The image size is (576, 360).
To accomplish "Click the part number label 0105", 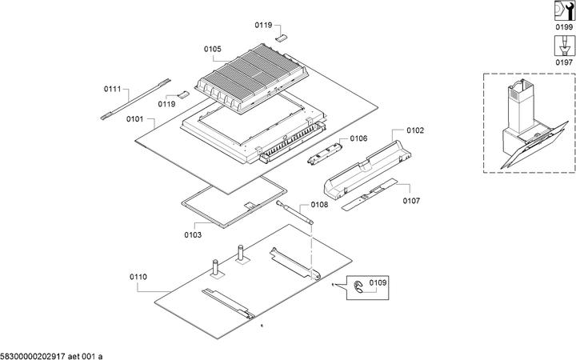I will pos(212,50).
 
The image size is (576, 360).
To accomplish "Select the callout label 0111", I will pos(112,89).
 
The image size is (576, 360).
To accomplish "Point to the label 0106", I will pos(358,138).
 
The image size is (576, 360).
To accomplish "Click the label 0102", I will pos(415,130).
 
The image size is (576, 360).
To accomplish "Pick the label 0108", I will pos(319,205).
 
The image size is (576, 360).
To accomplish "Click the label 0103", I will pos(193,235).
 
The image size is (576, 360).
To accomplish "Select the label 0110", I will pos(138,277).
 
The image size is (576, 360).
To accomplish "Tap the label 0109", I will pos(378,283).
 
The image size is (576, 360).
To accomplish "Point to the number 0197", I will pos(565,62).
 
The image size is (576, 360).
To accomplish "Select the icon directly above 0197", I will pos(565,45).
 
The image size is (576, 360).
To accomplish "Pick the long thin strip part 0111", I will pos(137,96).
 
